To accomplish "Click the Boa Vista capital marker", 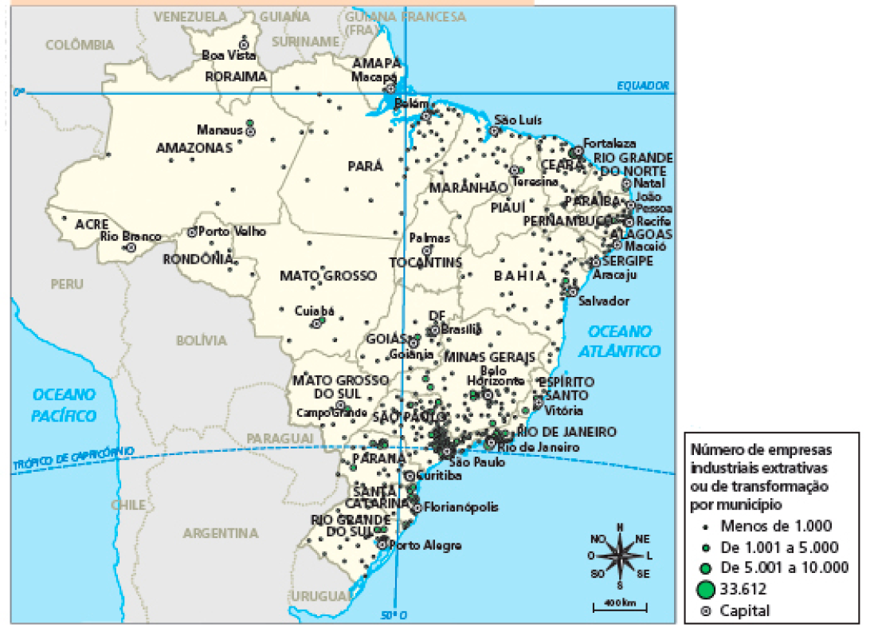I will pos(244,44).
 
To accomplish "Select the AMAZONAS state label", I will pos(194,147).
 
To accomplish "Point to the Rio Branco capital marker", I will pos(131,248).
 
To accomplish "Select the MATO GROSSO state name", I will pos(327,276).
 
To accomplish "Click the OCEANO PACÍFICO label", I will pos(64,405).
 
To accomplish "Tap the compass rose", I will pos(620,555).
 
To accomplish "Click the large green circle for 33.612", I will pos(704,590).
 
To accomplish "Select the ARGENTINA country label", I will pos(221,532).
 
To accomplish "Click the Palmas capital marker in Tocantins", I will pos(425,249).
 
